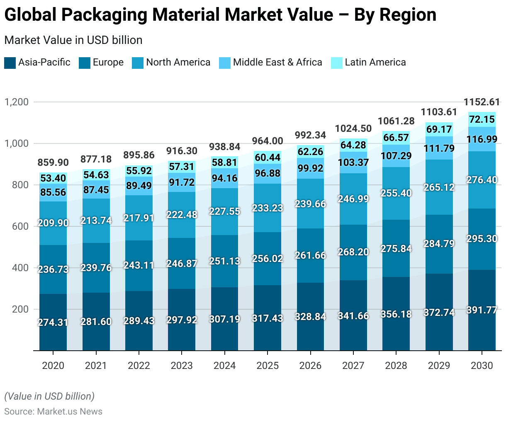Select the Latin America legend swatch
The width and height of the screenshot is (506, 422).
tap(337, 63)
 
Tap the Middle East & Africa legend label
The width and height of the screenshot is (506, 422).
tap(277, 63)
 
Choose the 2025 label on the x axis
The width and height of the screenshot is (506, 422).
tap(268, 366)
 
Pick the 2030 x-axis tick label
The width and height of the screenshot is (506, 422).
tap(482, 366)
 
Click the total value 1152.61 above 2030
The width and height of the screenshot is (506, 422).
tap(482, 102)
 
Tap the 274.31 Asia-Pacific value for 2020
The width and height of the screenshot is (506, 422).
tap(53, 323)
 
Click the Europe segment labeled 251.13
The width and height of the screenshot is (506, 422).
tap(224, 261)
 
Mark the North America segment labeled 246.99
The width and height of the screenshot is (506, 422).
tap(353, 199)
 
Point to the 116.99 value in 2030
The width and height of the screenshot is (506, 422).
tap(482, 139)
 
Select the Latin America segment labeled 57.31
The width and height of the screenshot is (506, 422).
tap(182, 167)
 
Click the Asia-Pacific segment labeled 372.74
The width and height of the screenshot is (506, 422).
tap(439, 313)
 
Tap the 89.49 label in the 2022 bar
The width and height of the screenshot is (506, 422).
tap(139, 186)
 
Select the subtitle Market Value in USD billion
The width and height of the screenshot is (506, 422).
tap(73, 40)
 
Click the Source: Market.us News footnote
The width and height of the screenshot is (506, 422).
tap(54, 411)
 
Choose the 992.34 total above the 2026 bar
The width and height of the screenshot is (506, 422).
tap(310, 135)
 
